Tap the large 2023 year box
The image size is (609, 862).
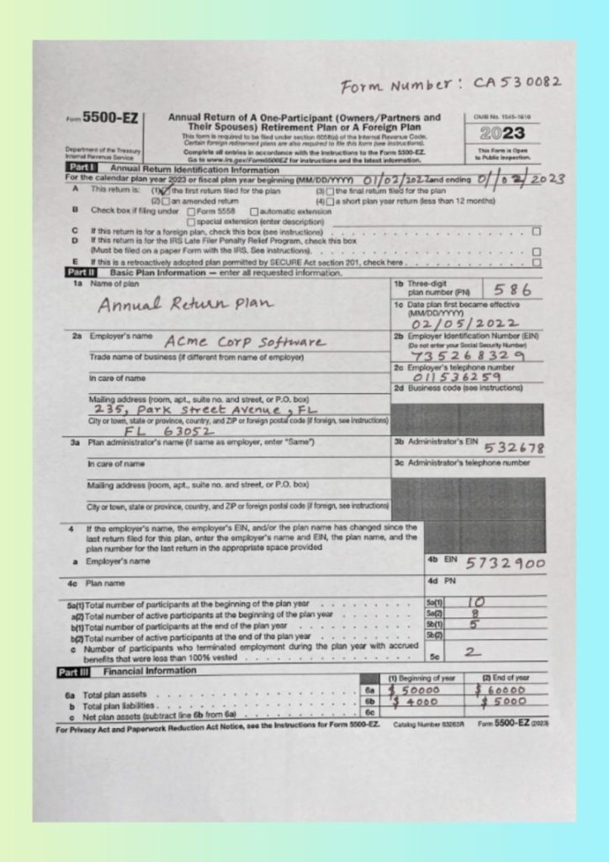pos(502,134)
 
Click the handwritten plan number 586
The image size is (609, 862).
pos(512,289)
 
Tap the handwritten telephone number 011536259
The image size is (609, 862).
pos(457,377)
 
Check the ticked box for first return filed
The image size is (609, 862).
pos(166,191)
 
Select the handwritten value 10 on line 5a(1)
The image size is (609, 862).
pos(476,604)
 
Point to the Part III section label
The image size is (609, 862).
pos(79,672)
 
